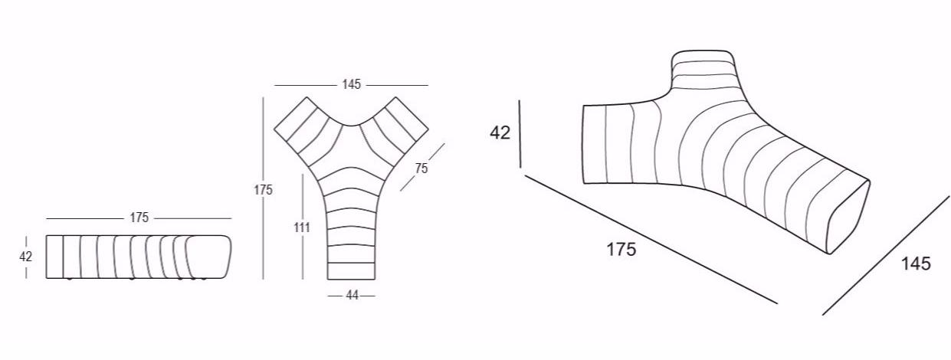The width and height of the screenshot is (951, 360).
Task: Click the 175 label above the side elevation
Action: pos(139,218)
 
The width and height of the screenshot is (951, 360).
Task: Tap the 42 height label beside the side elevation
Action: pos(25,257)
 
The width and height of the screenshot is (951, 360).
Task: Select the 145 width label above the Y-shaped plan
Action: pos(352,84)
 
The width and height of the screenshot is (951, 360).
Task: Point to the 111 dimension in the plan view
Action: pos(302,227)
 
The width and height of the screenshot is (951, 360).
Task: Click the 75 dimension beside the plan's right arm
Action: pos(421,169)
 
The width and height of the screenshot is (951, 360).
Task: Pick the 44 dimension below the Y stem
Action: pos(352,295)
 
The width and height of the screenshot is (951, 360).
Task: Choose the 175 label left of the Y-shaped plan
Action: pos(263,190)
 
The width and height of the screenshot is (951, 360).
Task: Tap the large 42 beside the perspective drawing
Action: pos(500,133)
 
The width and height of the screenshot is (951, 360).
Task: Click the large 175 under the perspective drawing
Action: pos(621,249)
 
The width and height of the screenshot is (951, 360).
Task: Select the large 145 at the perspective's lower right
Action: pos(916,263)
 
